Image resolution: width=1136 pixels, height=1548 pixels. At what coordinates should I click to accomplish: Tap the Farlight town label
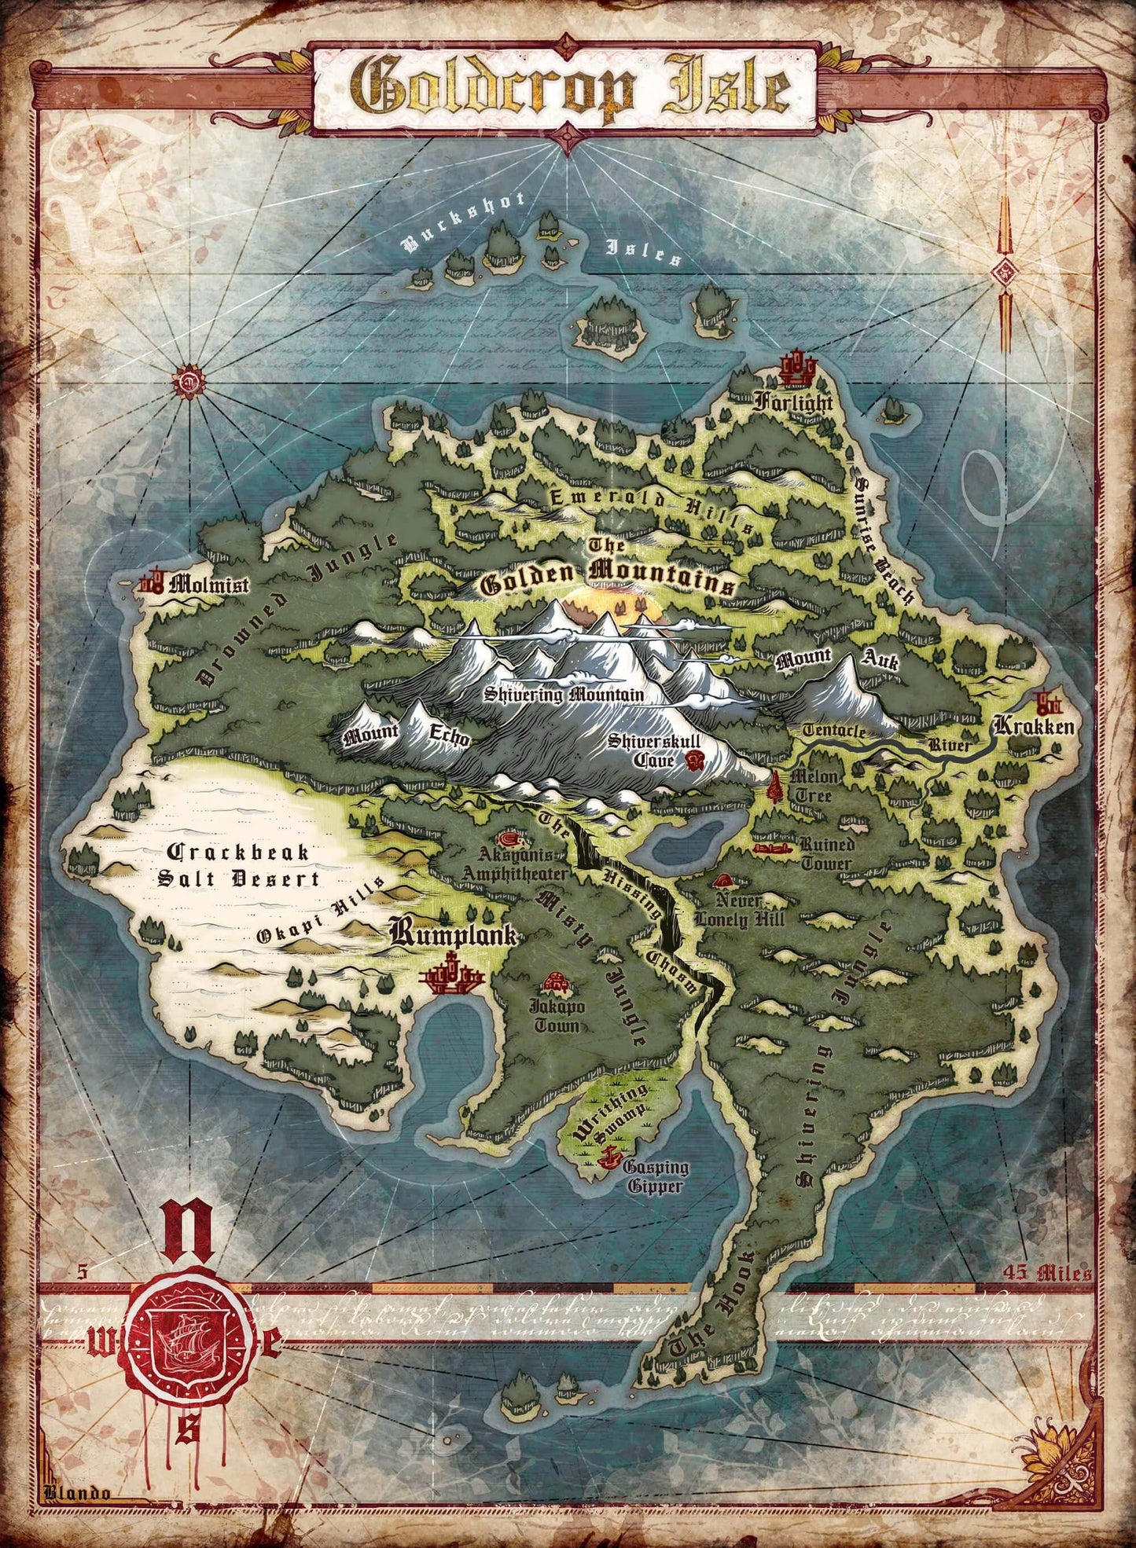click(x=792, y=403)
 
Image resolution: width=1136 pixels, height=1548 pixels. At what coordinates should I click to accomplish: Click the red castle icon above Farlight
click(x=795, y=369)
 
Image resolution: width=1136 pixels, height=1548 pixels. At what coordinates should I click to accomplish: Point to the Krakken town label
click(x=1033, y=726)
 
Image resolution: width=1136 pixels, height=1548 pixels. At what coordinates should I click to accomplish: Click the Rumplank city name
click(x=454, y=935)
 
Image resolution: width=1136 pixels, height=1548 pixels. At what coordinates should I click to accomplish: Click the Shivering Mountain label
click(x=564, y=695)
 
